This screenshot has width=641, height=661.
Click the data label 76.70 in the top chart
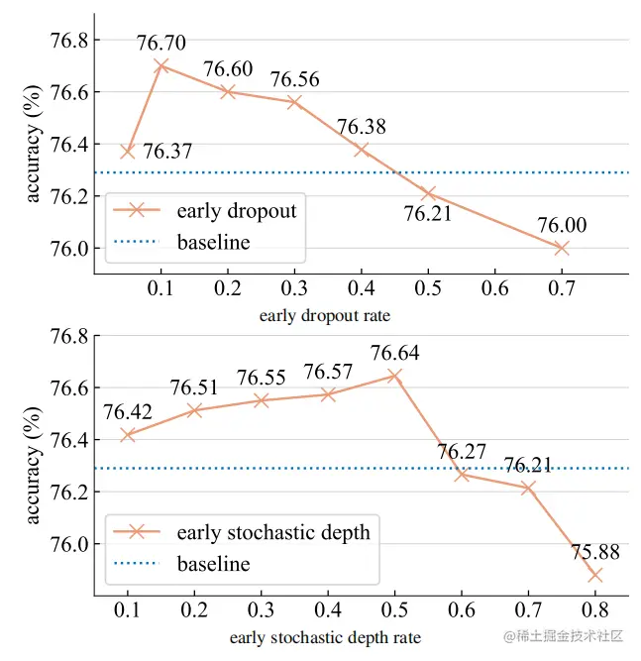(x=161, y=43)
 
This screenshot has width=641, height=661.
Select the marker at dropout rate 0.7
(x=562, y=248)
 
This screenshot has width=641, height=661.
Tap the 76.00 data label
(x=562, y=225)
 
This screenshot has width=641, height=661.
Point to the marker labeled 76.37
(x=127, y=152)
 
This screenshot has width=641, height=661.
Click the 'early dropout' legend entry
(x=236, y=210)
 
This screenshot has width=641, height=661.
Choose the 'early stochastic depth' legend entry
(x=272, y=532)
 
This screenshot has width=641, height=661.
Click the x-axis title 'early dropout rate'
(x=325, y=316)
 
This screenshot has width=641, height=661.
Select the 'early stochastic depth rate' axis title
(x=325, y=636)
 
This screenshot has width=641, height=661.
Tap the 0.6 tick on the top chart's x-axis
(x=494, y=287)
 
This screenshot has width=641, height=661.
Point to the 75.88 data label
(x=594, y=552)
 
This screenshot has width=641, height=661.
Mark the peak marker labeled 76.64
(x=394, y=376)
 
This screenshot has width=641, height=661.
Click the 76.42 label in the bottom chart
(x=127, y=411)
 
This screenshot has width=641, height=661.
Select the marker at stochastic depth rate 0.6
(x=462, y=475)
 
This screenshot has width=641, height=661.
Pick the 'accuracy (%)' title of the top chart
(x=33, y=145)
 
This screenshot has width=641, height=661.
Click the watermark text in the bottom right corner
(x=562, y=635)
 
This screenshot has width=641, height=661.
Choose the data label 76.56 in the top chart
(x=294, y=79)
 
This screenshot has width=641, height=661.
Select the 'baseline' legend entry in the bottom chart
(x=213, y=564)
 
